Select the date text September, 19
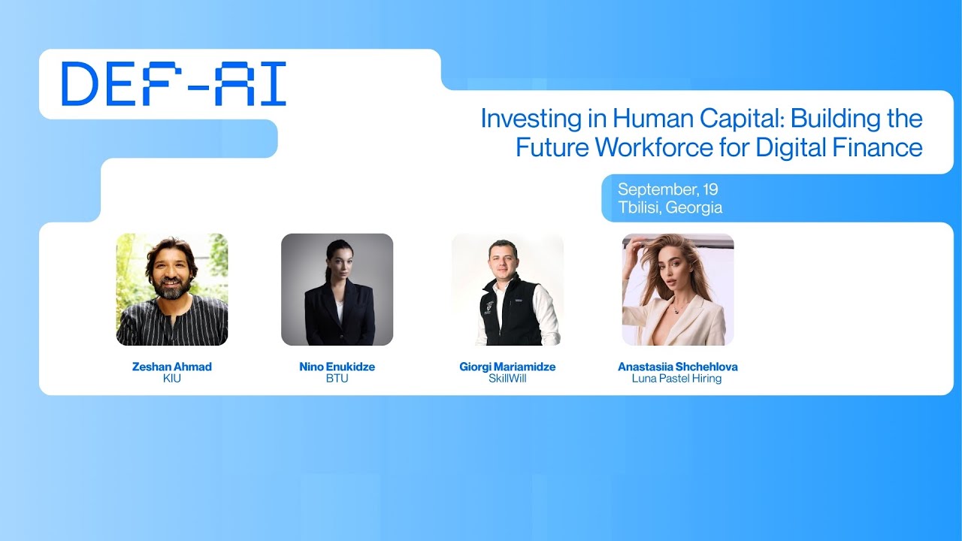click(x=667, y=189)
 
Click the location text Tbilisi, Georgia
click(x=670, y=207)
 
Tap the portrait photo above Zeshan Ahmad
click(x=172, y=289)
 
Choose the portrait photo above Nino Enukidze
click(x=337, y=289)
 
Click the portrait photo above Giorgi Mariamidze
click(x=507, y=289)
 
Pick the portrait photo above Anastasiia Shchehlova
click(x=678, y=289)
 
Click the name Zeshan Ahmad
click(x=172, y=367)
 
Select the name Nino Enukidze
click(x=337, y=367)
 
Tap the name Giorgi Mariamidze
click(x=507, y=367)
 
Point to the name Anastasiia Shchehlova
click(x=677, y=367)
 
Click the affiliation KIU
click(x=172, y=379)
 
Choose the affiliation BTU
click(x=337, y=379)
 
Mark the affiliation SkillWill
click(x=507, y=379)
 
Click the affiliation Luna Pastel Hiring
click(x=677, y=379)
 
